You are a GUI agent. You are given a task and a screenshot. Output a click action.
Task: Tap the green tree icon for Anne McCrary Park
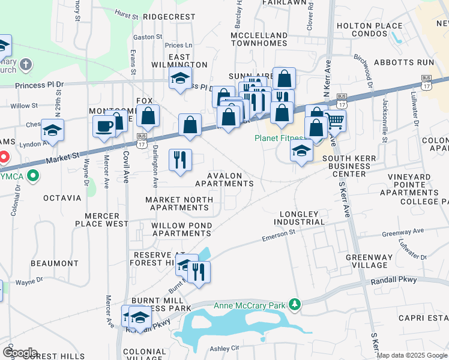click(294, 304)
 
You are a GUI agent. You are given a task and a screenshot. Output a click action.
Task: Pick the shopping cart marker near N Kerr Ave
click(334, 122)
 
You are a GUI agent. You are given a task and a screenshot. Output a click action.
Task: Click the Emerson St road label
click(279, 235)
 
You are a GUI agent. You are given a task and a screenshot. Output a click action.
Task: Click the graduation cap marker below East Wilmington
click(179, 79)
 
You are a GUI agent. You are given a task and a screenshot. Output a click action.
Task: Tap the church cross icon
click(25, 64)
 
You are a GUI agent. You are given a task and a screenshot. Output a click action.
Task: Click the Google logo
click(20, 353)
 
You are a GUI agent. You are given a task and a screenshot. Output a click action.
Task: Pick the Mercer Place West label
click(102, 219)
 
